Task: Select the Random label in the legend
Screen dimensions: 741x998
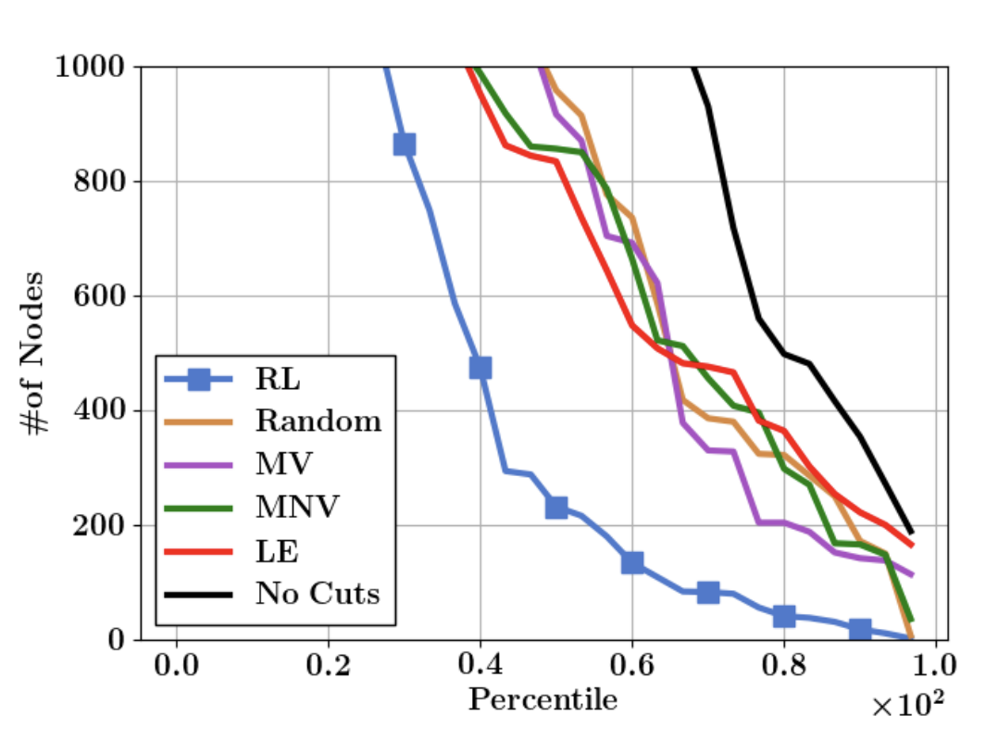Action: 318,421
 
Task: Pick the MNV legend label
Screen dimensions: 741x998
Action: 298,507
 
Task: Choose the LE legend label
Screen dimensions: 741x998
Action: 278,550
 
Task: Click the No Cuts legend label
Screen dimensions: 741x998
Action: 318,593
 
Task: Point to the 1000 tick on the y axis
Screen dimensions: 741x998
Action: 92,67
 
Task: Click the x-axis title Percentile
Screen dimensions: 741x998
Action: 543,699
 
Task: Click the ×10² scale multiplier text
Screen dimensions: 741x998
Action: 908,707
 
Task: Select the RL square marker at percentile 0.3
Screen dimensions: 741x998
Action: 404,144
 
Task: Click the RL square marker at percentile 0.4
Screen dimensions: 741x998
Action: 480,368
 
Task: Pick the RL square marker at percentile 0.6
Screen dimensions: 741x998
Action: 632,562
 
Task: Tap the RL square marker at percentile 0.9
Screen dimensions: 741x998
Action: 860,630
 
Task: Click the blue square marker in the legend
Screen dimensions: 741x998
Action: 197,378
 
